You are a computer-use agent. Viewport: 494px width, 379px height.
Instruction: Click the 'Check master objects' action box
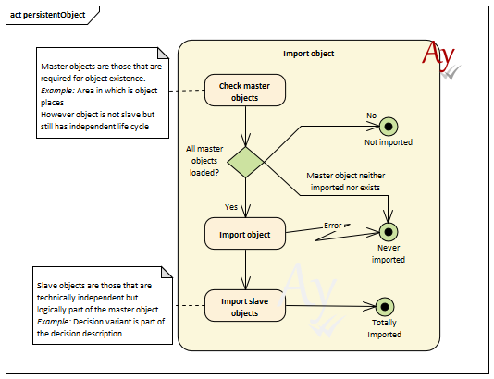245,91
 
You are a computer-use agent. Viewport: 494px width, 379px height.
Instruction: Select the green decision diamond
246,162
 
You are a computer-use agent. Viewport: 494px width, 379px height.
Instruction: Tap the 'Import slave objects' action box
245,306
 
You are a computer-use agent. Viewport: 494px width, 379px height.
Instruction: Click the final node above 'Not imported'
389,127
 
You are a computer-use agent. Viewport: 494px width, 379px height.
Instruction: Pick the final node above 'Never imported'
389,232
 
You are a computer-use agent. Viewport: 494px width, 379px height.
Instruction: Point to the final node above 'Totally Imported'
385,307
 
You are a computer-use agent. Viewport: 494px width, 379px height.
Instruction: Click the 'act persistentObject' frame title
48,15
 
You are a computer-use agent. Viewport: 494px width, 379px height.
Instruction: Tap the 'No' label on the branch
372,116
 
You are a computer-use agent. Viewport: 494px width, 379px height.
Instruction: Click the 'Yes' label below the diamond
231,207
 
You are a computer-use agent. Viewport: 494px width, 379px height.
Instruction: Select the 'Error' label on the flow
333,226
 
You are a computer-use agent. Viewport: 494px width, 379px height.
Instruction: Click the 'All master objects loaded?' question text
204,161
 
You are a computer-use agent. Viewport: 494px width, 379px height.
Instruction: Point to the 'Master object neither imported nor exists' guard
346,181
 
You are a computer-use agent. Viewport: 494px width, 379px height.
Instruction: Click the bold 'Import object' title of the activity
308,54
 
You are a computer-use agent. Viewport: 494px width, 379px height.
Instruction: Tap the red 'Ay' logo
438,55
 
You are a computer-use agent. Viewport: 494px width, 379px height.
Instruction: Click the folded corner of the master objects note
163,54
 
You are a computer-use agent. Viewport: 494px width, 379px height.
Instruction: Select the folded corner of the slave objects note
167,273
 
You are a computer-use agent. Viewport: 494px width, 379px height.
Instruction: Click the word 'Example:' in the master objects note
57,91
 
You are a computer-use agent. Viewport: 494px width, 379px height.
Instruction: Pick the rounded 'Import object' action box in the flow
245,234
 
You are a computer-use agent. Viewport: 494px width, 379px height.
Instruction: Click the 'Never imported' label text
389,253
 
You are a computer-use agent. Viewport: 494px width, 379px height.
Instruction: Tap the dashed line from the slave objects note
190,306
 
